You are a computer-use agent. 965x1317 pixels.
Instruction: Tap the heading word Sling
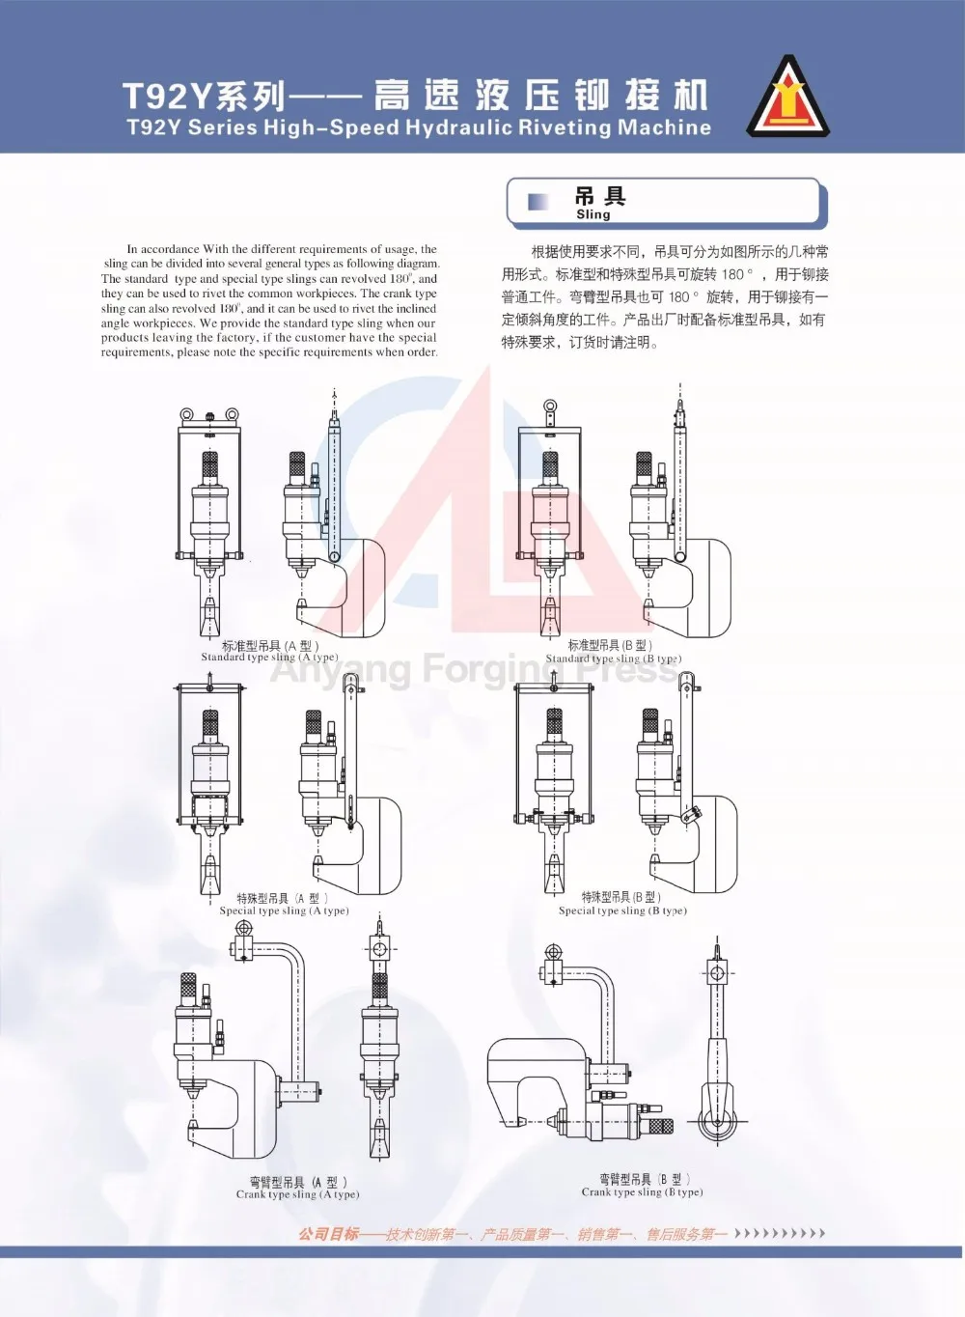(x=593, y=214)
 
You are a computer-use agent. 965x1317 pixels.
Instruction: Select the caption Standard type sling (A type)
(x=269, y=658)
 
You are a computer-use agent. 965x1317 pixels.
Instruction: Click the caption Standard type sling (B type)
(x=613, y=658)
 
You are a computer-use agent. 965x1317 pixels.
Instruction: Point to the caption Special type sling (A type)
(x=284, y=911)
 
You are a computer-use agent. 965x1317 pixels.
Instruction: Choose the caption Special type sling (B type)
(x=622, y=911)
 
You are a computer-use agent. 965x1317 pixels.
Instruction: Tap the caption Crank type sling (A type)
(x=297, y=1194)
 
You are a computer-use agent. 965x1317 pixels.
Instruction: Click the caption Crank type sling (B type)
(x=642, y=1191)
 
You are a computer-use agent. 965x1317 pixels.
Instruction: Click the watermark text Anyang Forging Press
(x=473, y=668)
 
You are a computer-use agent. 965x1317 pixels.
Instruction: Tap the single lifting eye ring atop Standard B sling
(x=550, y=407)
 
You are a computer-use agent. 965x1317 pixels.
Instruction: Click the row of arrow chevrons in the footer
(x=780, y=1233)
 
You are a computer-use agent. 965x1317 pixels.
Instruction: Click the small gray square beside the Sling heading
(x=538, y=201)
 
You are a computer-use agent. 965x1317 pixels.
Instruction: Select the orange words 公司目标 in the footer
(x=328, y=1233)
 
